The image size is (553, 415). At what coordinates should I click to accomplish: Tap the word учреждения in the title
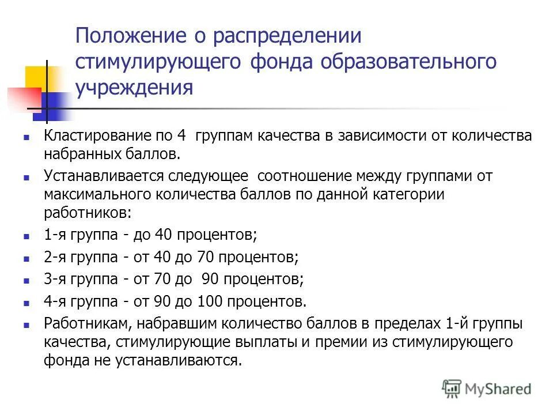[134, 88]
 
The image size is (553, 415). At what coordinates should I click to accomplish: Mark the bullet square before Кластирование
[26, 138]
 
